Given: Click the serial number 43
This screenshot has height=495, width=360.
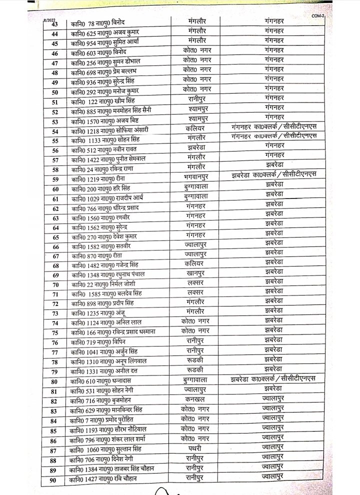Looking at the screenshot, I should point(55,24).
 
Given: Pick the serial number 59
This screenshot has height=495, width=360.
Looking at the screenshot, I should point(55,179).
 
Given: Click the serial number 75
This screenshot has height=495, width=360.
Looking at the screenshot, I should point(55,333).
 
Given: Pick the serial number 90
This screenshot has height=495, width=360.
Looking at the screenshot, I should point(55,480).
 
